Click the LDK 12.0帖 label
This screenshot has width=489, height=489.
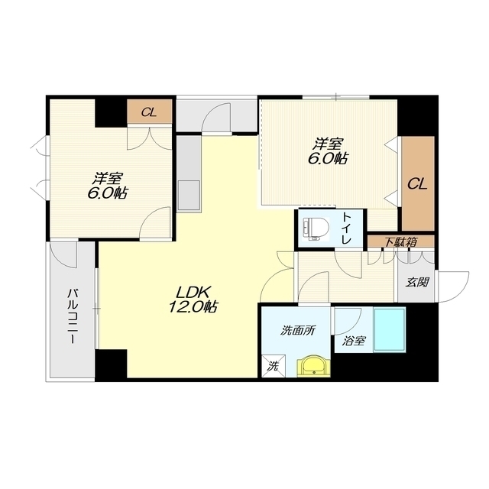coord(193,300)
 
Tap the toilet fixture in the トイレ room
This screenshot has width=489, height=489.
coord(316,228)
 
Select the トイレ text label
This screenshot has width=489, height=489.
coord(347,228)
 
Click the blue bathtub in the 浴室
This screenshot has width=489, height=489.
coord(390,330)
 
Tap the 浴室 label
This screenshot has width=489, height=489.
coord(353,341)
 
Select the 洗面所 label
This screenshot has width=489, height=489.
coord(297,331)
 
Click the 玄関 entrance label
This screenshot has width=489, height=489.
coord(416,282)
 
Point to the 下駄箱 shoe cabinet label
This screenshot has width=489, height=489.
coord(400,242)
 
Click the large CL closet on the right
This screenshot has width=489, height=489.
coord(418,183)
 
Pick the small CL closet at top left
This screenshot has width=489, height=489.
coord(150,112)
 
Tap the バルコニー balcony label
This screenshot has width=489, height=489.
coord(72,316)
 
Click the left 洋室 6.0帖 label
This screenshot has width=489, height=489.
coord(107,186)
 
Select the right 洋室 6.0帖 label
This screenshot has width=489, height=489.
coord(328,151)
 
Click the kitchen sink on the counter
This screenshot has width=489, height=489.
coord(189,195)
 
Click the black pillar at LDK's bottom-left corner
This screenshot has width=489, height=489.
coord(111,365)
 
